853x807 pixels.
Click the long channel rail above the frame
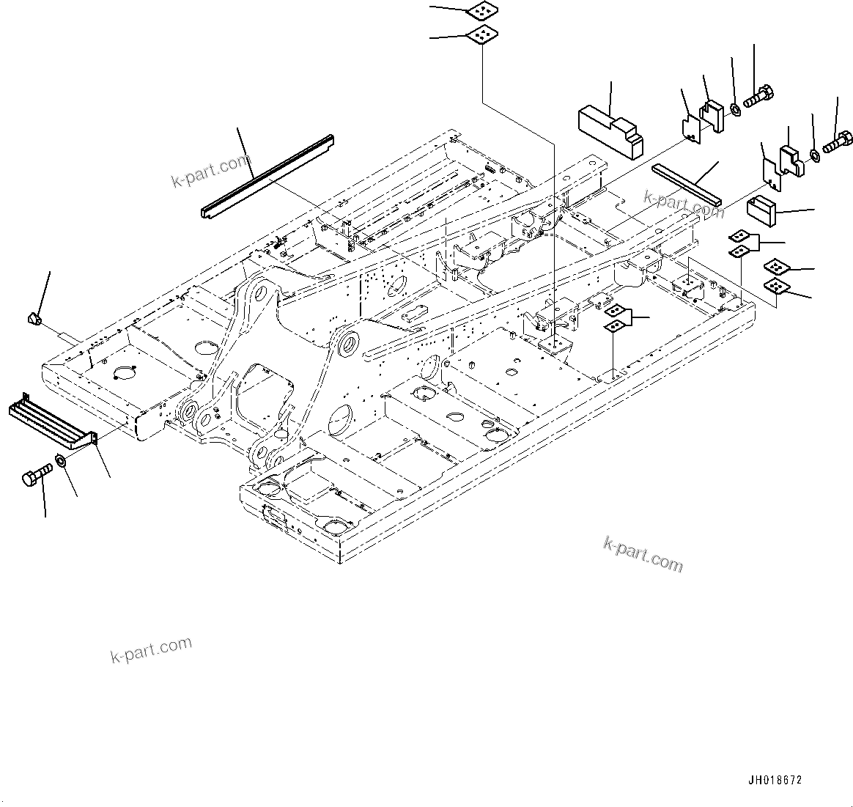pos(267,176)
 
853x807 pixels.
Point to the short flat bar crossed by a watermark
pos(687,185)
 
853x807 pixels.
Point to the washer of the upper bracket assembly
pos(734,110)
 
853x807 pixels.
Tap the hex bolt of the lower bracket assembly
pos(837,141)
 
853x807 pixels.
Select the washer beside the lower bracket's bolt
pos(816,154)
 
